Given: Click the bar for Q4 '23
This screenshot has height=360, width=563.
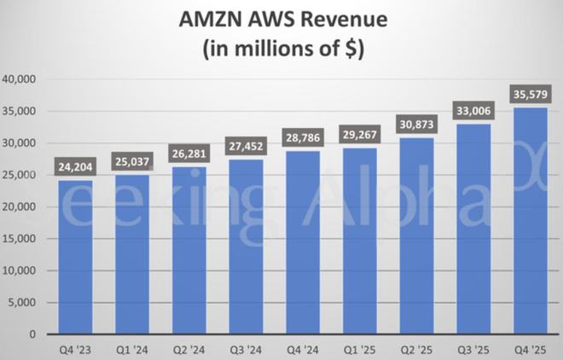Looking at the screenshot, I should (x=75, y=256).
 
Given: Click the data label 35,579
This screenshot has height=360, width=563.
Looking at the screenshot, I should (x=530, y=92).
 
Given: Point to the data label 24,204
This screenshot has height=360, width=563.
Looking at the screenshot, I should (x=75, y=165).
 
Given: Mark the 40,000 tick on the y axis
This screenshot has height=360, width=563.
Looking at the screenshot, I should (x=19, y=79).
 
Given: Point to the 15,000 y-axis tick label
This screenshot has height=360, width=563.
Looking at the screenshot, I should (x=19, y=239).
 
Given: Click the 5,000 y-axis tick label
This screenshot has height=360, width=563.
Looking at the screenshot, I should (x=21, y=303).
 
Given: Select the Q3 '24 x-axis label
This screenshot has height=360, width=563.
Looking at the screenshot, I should (x=246, y=348).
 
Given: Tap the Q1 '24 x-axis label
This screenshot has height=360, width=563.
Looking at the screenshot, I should (x=132, y=348).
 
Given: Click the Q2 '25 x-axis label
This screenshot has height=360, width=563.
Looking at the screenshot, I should (x=416, y=348).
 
